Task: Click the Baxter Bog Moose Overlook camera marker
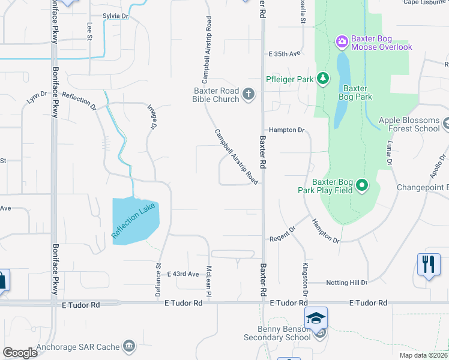point(342,41)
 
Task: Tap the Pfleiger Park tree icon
point(323,79)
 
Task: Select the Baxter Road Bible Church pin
point(248,94)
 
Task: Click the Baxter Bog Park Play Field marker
point(361,185)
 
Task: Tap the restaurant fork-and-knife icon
point(428,265)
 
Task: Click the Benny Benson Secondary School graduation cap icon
point(316,319)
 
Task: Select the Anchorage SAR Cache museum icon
point(128,346)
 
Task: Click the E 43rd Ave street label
point(182,274)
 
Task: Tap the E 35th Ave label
point(284,54)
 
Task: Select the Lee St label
point(89,31)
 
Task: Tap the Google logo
point(20,352)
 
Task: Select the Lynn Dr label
point(37,98)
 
